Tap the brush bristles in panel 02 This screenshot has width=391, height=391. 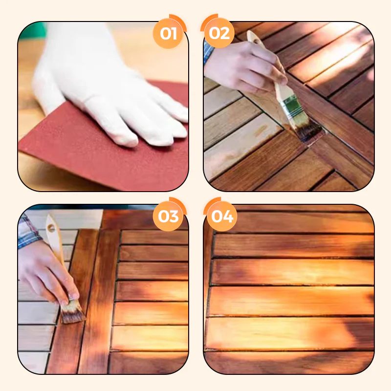pos(309,131)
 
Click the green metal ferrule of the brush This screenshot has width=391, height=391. pos(293,107)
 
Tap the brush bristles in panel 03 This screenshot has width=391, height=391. pos(72,312)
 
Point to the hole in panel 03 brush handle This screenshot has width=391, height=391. pos(51,228)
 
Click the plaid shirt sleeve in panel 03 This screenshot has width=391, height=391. pos(29,232)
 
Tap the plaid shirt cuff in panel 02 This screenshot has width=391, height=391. pos(209,53)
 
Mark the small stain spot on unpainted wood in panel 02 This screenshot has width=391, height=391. pos(261,130)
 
